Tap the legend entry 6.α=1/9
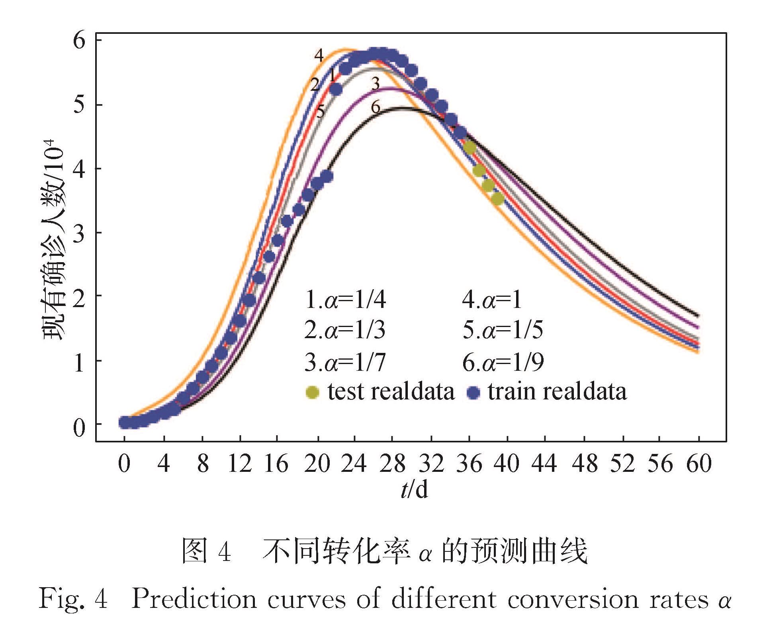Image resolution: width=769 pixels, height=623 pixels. (x=503, y=362)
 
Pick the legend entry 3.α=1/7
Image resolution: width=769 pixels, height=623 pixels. (x=345, y=362)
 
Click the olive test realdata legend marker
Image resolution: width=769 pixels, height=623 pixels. (x=312, y=392)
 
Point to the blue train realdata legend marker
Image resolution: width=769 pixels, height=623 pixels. (x=474, y=393)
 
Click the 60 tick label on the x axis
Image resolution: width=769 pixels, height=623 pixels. (x=699, y=464)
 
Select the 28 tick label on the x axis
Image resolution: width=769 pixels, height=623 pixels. (x=392, y=464)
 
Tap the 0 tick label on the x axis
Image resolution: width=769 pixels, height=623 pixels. (x=124, y=464)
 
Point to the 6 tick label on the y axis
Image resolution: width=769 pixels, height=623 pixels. (x=79, y=41)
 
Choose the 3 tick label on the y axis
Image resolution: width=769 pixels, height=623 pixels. (x=79, y=234)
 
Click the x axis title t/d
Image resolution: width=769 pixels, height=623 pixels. (x=414, y=489)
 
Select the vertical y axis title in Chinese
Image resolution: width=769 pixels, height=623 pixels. (x=54, y=239)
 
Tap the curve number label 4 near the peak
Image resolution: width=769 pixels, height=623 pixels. (x=319, y=55)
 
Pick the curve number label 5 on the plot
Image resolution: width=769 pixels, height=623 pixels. (x=320, y=112)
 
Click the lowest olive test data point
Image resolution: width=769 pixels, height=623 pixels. (x=497, y=199)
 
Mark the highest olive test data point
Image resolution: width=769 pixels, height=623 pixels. (x=470, y=148)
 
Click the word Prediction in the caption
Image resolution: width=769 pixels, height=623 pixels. (x=194, y=598)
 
